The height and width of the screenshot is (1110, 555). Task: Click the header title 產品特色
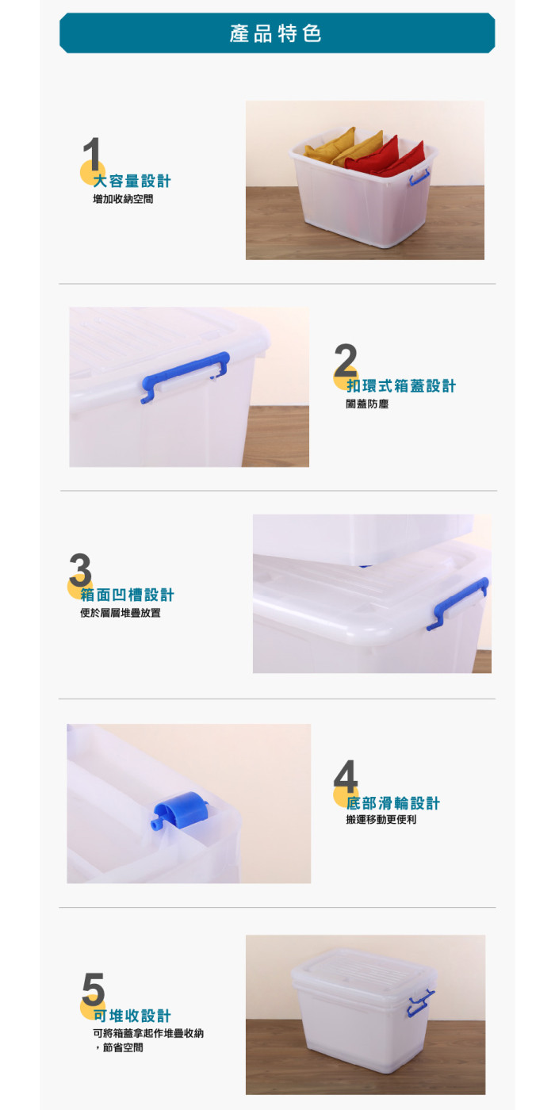(276, 33)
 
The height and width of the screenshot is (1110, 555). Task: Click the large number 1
(92, 154)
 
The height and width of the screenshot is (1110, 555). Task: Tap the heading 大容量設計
(132, 181)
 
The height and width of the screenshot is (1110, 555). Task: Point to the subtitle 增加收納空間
(123, 199)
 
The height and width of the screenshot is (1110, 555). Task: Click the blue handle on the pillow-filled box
(419, 178)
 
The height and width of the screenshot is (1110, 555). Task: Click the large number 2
(346, 360)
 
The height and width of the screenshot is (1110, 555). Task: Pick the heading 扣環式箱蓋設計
(401, 386)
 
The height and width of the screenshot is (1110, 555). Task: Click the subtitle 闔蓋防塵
(362, 404)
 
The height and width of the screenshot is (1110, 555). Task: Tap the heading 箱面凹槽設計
(127, 595)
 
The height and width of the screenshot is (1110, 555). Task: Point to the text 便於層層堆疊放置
(120, 613)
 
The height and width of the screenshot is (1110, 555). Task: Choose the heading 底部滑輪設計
(392, 803)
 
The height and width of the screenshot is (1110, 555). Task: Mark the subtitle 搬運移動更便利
(381, 820)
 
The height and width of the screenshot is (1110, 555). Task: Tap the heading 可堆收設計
(132, 1016)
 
